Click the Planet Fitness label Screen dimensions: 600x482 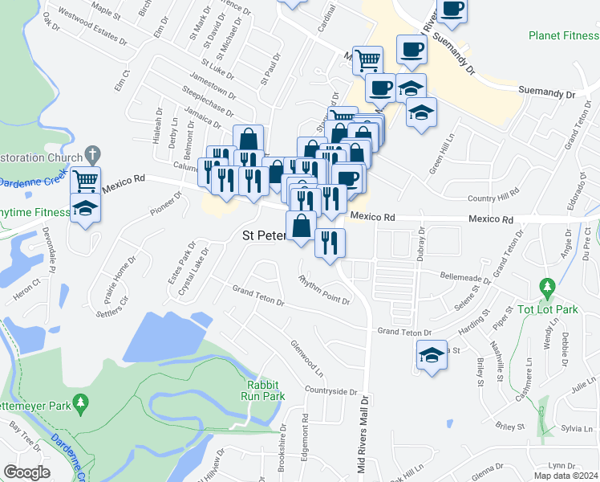point(564,35)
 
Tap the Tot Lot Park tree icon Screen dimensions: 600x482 point(549,287)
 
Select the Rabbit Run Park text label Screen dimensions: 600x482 point(261,390)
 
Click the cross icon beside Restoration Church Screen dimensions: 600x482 point(92,153)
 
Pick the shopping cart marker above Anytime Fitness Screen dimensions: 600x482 point(85,179)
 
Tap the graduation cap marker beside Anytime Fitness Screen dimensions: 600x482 point(85,208)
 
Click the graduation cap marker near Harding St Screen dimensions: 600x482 point(432,354)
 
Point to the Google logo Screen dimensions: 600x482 point(26,472)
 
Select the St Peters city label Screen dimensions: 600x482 point(264,236)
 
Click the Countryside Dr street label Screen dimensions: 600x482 point(330,391)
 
